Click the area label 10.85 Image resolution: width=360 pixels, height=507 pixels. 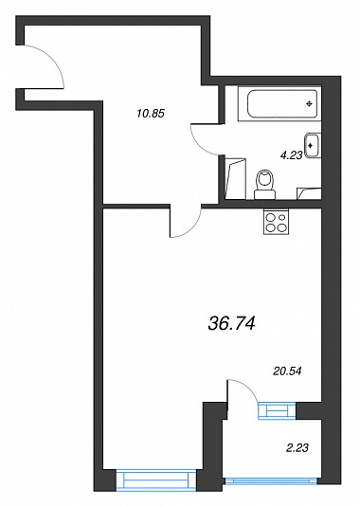click(x=151, y=114)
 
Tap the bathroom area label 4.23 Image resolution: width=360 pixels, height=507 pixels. click(x=291, y=155)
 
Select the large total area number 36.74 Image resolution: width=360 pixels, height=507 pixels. click(x=232, y=323)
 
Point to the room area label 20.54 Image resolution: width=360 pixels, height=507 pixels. click(x=287, y=371)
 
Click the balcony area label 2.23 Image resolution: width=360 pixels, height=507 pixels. click(x=297, y=448)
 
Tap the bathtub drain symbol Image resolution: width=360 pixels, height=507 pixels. click(x=310, y=103)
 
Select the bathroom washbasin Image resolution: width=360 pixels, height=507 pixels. click(x=313, y=146)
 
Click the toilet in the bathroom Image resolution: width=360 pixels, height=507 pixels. click(x=264, y=184)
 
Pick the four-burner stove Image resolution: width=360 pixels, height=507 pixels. click(x=277, y=223)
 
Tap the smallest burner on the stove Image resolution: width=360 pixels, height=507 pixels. click(x=283, y=217)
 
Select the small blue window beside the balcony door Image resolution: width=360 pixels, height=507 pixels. click(x=277, y=410)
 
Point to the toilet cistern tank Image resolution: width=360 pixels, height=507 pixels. click(x=264, y=194)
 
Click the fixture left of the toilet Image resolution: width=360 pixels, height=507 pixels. click(x=235, y=178)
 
